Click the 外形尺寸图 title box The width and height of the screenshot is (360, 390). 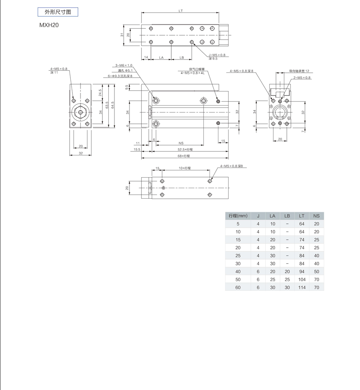[x=58, y=12]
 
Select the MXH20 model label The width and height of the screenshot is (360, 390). [x=49, y=25]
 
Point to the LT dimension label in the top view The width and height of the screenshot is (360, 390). [x=180, y=11]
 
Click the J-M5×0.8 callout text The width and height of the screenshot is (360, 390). [x=217, y=55]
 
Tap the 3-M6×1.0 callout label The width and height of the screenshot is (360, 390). [x=123, y=66]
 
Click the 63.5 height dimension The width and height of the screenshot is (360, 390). [x=107, y=105]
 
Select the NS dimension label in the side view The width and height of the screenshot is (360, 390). [x=181, y=143]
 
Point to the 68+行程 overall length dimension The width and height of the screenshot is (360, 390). [x=184, y=156]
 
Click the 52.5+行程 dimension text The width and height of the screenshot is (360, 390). [x=185, y=149]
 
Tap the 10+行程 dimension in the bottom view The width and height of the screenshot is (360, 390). [x=185, y=168]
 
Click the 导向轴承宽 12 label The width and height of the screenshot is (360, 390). [x=299, y=71]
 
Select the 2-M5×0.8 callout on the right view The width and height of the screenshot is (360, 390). [x=302, y=78]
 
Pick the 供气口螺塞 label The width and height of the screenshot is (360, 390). [x=197, y=69]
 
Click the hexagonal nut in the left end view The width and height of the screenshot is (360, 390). [x=80, y=112]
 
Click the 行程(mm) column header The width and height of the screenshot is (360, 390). [x=238, y=216]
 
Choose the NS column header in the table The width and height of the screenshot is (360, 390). [x=316, y=216]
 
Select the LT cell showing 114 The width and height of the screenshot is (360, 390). [x=302, y=288]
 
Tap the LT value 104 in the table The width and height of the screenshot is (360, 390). [x=302, y=280]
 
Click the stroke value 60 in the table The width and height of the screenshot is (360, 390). [x=238, y=288]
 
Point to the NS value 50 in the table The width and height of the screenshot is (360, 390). [x=316, y=271]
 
